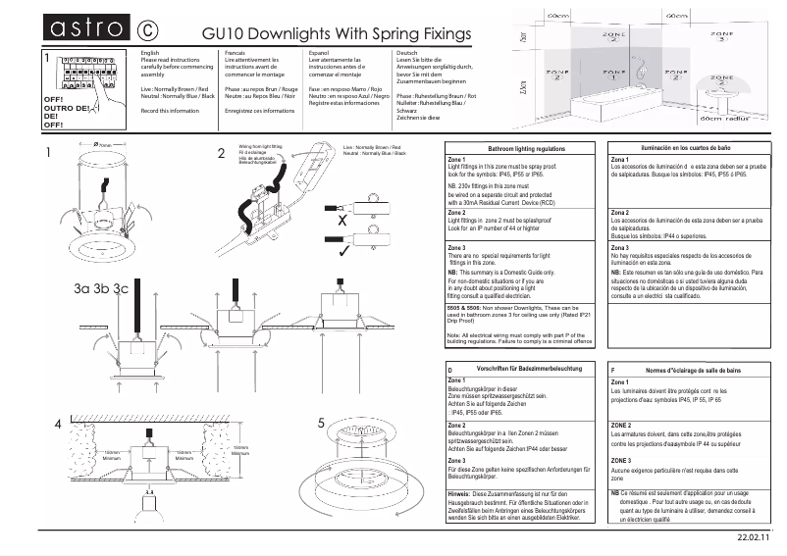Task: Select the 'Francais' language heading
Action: pyautogui.click(x=236, y=51)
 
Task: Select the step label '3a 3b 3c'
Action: pyautogui.click(x=101, y=288)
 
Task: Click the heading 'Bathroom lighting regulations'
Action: pyautogui.click(x=526, y=147)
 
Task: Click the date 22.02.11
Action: pyautogui.click(x=754, y=538)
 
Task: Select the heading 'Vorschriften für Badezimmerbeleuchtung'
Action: pyautogui.click(x=530, y=369)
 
